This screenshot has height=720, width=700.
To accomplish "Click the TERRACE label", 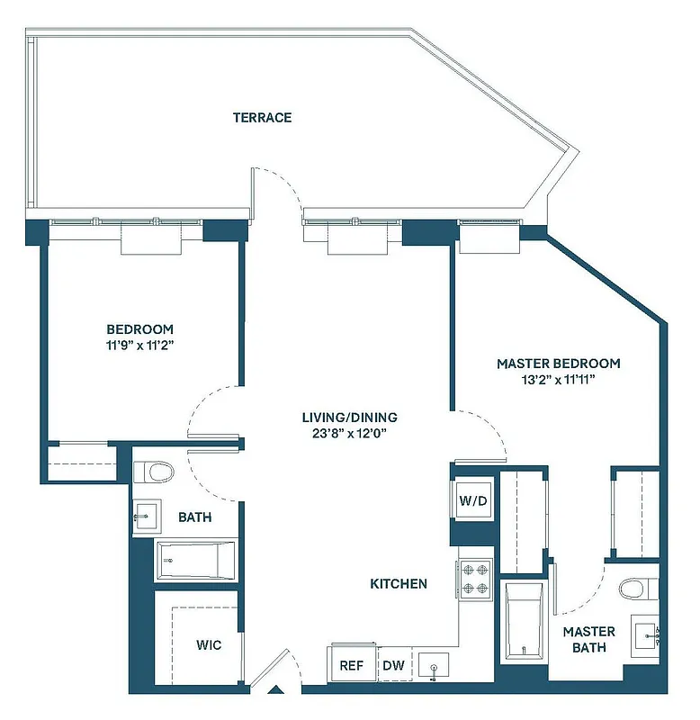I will click(x=262, y=117).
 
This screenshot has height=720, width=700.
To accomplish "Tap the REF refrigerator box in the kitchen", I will click(x=351, y=666).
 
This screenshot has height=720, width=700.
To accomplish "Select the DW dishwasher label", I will click(x=393, y=666).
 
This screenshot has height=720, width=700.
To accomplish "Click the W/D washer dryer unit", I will click(x=473, y=500).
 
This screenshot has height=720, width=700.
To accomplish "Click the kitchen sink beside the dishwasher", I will click(x=435, y=667).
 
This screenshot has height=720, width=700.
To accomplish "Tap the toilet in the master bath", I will click(x=634, y=589).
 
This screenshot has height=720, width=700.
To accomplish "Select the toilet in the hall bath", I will click(x=155, y=472).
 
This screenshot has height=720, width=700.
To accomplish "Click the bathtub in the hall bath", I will click(x=196, y=560).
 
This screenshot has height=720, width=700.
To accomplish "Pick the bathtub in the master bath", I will click(x=524, y=621).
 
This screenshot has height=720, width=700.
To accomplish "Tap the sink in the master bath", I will click(x=647, y=634).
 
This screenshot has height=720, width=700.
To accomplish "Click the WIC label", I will click(x=208, y=645).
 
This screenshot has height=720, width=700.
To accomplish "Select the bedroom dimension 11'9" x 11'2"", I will click(x=139, y=345).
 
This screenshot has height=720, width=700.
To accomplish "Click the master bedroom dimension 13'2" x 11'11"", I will click(x=558, y=380).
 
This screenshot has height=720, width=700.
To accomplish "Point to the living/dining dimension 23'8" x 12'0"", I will click(x=349, y=434).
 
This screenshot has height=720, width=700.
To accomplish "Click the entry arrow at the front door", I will click(x=277, y=691).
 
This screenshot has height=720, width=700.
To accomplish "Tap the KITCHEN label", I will click(x=399, y=584).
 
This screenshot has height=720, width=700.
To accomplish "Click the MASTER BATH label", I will click(x=589, y=639).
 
